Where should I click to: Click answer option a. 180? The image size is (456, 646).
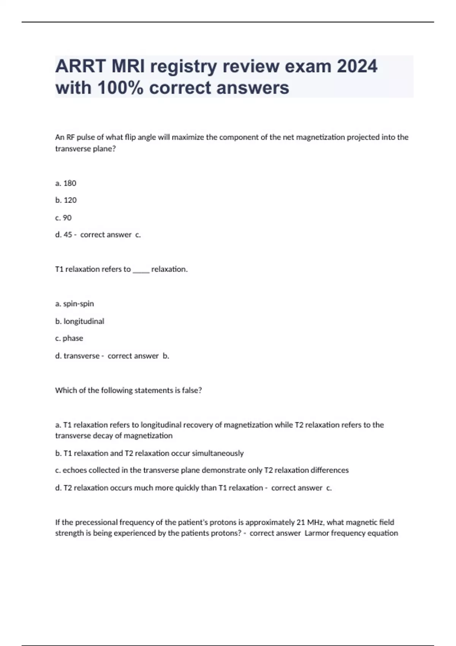click(x=66, y=183)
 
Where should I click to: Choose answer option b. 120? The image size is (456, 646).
click(x=66, y=200)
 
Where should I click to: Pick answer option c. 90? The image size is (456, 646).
click(x=63, y=218)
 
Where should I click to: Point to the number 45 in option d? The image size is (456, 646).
click(x=68, y=235)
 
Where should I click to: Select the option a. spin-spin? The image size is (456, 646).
click(x=74, y=304)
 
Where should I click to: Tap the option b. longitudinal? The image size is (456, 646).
click(x=79, y=321)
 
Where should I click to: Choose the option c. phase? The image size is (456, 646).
click(x=69, y=338)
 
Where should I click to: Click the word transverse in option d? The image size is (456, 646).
click(x=81, y=356)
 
